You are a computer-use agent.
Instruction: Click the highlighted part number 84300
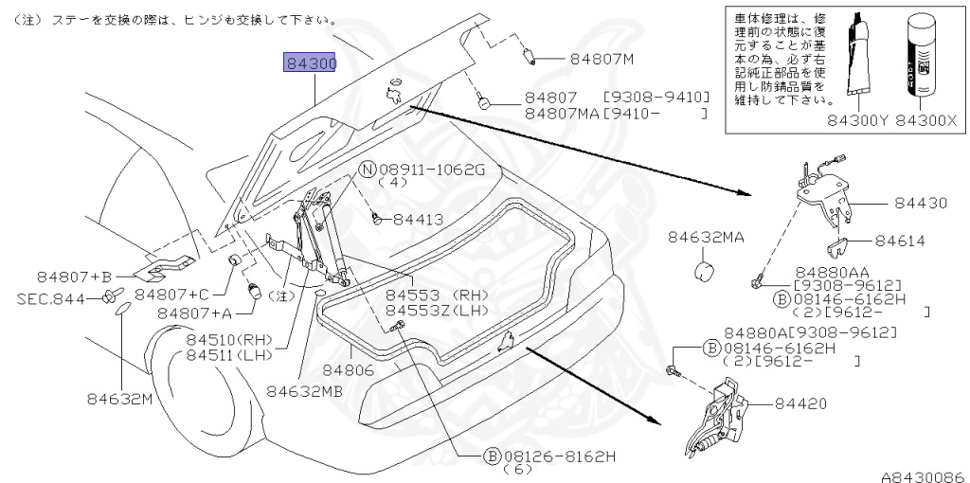point(311,64)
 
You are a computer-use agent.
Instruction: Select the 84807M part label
point(602,59)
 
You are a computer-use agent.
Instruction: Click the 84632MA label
point(706,237)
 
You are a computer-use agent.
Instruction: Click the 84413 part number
point(419,219)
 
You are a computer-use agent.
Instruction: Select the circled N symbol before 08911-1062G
point(368,170)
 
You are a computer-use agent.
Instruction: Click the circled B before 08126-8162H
point(492,456)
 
